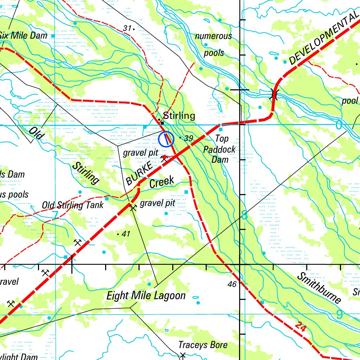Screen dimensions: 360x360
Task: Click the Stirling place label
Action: click(179, 116)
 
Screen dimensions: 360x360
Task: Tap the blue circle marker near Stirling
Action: click(166, 139)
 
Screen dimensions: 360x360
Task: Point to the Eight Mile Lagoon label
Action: click(146, 296)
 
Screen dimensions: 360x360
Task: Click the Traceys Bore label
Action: click(203, 345)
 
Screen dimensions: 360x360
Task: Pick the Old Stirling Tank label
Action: click(73, 205)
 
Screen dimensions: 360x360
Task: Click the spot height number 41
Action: click(126, 234)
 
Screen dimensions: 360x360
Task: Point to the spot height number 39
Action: click(188, 138)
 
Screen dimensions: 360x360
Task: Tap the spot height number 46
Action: click(232, 284)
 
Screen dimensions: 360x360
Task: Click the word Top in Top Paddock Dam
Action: click(221, 139)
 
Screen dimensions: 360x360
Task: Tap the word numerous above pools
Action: click(213, 36)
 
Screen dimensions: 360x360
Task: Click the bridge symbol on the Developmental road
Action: click(274, 94)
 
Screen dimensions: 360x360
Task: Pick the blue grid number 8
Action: click(245, 216)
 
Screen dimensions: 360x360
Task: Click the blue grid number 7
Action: click(55, 214)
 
